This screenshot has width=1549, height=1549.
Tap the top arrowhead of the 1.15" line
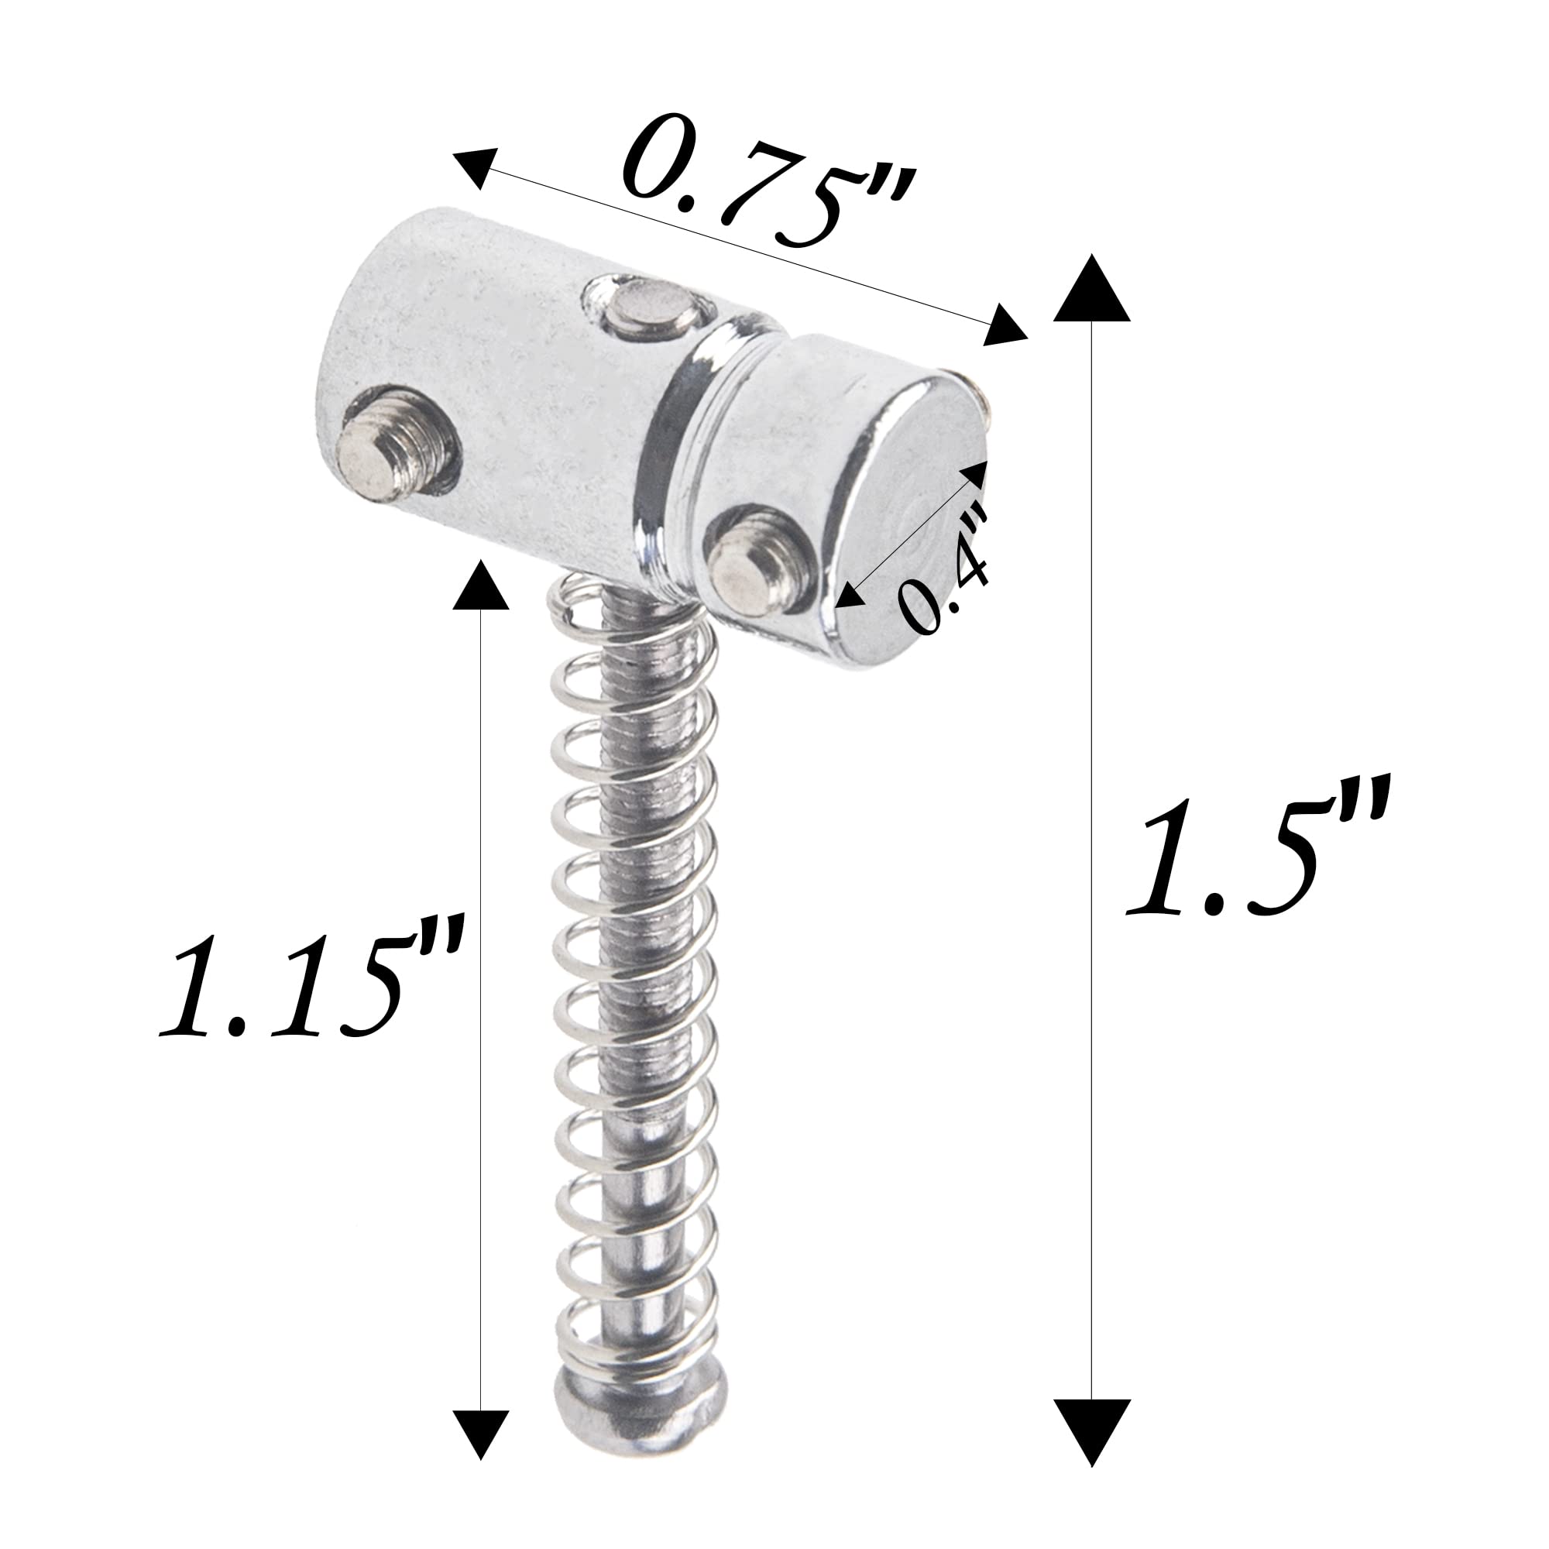pos(480,586)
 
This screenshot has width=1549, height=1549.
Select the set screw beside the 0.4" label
pos(750,573)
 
